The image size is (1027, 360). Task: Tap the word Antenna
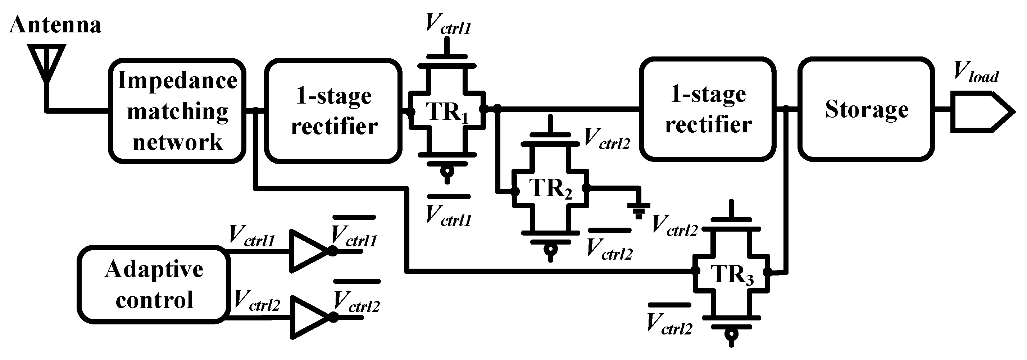tap(55, 25)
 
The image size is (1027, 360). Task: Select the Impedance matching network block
tap(177, 111)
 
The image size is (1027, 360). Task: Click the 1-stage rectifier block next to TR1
tap(333, 111)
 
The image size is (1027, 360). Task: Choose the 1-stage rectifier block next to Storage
tap(708, 109)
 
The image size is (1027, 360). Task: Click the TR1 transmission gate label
tap(446, 111)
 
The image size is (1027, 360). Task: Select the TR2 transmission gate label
tap(550, 188)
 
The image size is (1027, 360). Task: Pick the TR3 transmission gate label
tap(732, 274)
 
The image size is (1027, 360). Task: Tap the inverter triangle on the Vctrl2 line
tap(309, 317)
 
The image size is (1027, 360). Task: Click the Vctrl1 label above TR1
tap(448, 24)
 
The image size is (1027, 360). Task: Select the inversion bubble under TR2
tap(551, 250)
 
